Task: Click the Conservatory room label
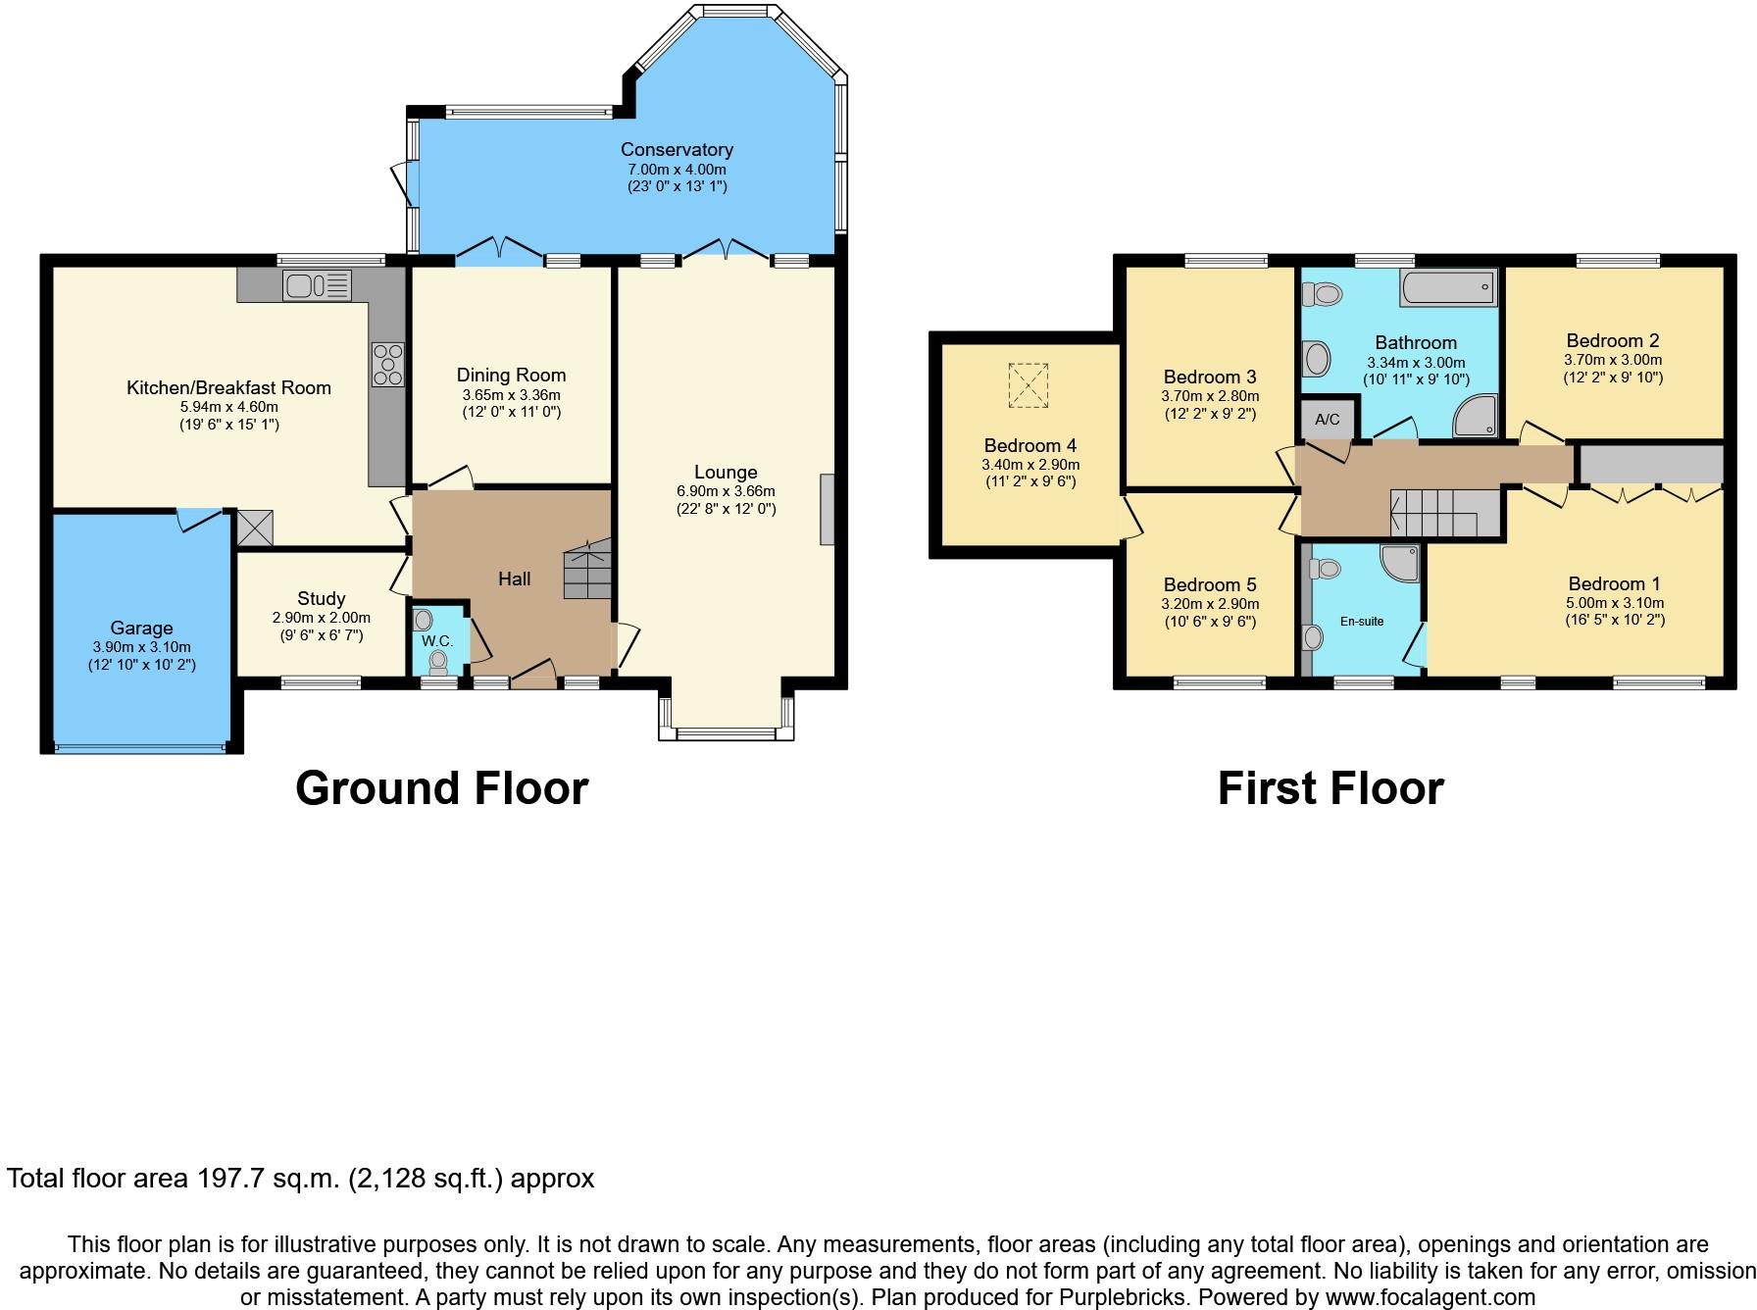point(677,150)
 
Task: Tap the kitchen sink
point(318,285)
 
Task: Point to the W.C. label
point(437,641)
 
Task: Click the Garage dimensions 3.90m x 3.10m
point(142,647)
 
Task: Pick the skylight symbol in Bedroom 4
point(1029,385)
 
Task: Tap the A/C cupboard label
point(1328,420)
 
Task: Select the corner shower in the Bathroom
point(1476,416)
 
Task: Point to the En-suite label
point(1362,622)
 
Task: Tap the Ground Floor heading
point(442,788)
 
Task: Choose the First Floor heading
point(1330,788)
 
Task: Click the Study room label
point(322,598)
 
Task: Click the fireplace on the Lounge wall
point(828,509)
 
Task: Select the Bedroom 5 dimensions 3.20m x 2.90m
point(1210,604)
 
